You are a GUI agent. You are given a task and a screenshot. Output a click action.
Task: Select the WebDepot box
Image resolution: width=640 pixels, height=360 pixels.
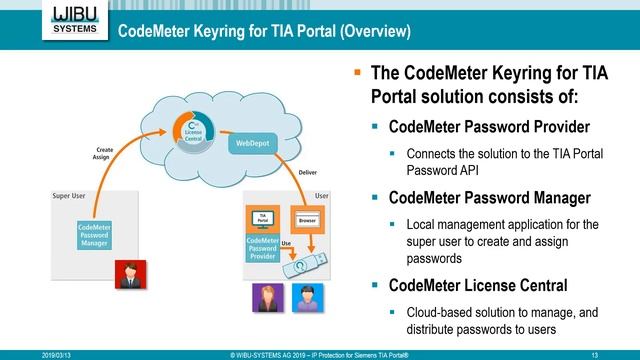pyautogui.click(x=251, y=143)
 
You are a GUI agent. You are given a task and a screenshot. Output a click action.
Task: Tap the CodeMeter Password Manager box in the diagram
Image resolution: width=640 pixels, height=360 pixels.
pyautogui.click(x=95, y=236)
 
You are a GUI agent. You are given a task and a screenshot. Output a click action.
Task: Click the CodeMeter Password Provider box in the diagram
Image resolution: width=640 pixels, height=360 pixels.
pyautogui.click(x=263, y=248)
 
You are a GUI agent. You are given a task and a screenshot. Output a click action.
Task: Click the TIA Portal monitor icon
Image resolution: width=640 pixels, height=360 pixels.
pyautogui.click(x=263, y=218)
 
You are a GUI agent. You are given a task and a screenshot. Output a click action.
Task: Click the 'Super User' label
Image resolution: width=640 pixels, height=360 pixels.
pyautogui.click(x=70, y=196)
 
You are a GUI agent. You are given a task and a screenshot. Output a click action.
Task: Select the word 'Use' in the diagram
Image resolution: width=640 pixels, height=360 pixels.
pyautogui.click(x=286, y=243)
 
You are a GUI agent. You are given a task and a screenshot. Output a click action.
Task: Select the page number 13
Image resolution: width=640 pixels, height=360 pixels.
pyautogui.click(x=595, y=354)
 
